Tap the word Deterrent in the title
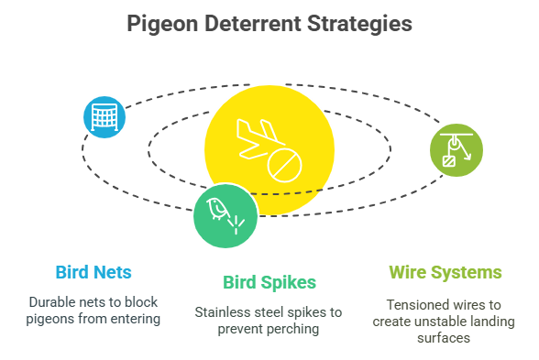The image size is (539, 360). (254, 22)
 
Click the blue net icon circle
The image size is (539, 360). (104, 116)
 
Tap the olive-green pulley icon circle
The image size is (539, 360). (456, 148)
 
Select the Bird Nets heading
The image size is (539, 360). (93, 272)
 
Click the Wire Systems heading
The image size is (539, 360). (445, 272)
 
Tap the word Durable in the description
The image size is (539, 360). (53, 301)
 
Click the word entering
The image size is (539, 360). (137, 318)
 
